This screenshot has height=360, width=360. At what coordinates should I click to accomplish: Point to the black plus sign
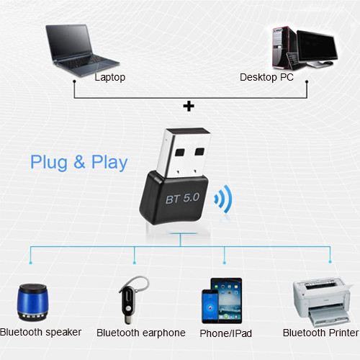coord(189,106)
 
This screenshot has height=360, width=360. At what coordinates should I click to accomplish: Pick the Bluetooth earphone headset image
coord(130,298)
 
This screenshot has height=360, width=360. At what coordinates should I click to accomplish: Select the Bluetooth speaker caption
coord(41,333)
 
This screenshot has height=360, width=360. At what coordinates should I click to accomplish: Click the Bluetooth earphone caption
coord(140,333)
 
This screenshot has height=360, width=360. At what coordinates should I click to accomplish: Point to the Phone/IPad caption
coord(227,333)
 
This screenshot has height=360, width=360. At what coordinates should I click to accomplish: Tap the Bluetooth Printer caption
coord(320,333)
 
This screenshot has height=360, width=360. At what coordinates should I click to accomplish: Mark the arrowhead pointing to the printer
coord(330,261)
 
